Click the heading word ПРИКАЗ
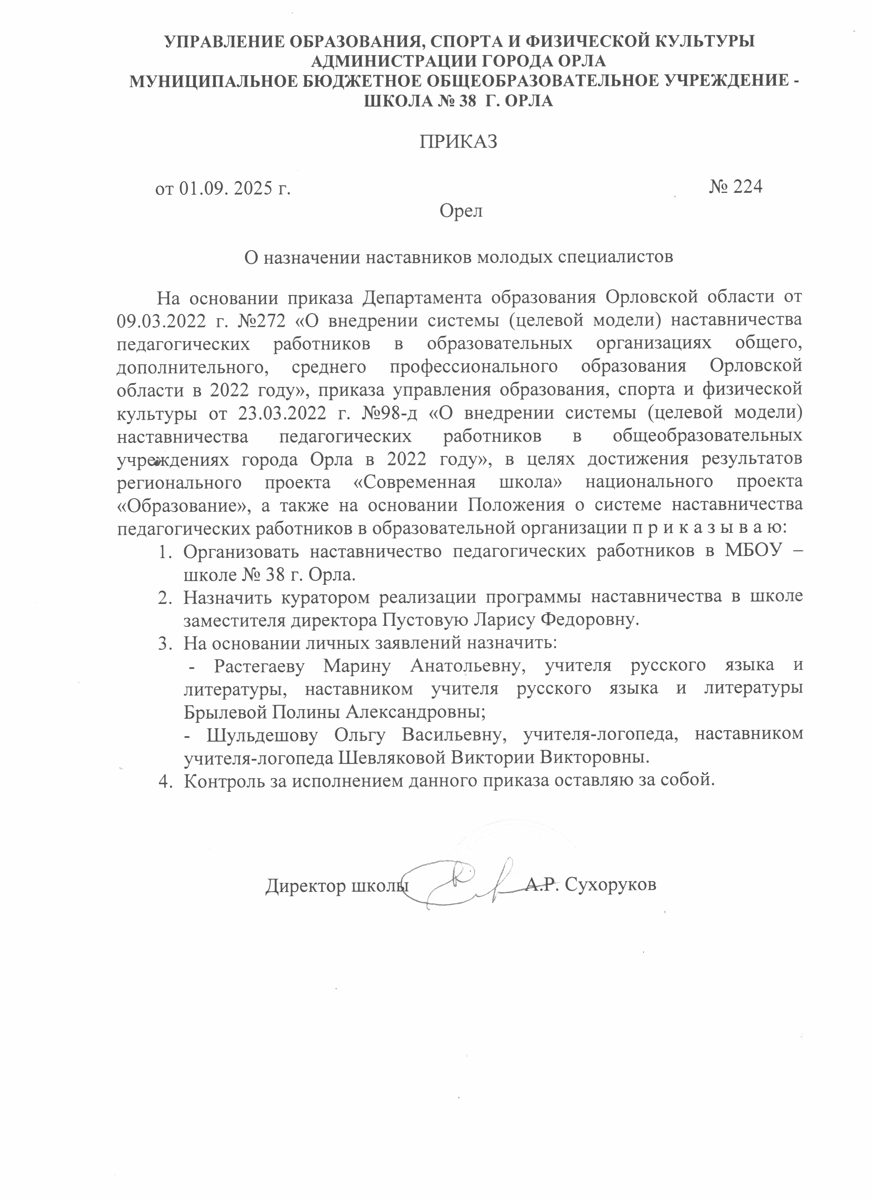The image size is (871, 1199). [458, 142]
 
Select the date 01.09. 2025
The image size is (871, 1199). [225, 189]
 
